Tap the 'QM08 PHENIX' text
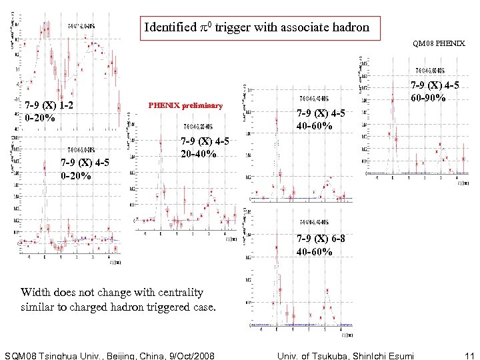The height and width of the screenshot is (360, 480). coord(439,44)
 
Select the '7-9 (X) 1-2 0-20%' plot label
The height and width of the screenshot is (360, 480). coord(48,112)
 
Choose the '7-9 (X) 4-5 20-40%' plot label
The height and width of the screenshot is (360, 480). coord(205,147)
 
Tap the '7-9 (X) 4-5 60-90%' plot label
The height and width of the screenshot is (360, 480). coord(435,91)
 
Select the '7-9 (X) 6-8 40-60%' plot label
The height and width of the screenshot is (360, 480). coord(321,245)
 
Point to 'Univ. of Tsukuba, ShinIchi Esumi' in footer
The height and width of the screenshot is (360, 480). coord(345,355)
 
